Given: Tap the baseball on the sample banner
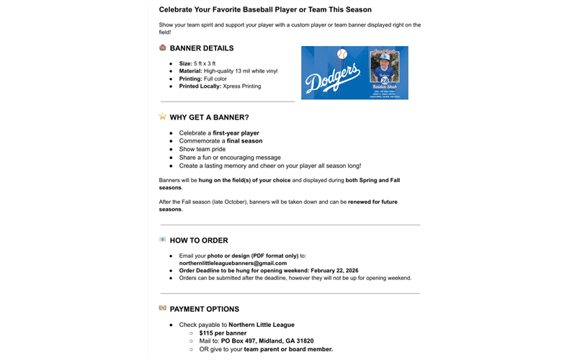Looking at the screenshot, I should point(342,54).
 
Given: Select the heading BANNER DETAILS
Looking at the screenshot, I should point(202,48).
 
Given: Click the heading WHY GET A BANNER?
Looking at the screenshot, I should point(209,117).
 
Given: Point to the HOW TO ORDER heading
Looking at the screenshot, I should point(199,240).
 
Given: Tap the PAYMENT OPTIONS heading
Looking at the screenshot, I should point(205,309).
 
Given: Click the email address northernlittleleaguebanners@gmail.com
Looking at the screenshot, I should point(233,263).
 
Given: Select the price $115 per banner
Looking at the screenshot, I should point(223,333).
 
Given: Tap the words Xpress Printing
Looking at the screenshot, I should point(242,86).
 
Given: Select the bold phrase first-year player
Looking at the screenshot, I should point(236,133).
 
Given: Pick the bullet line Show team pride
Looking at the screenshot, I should point(202,149).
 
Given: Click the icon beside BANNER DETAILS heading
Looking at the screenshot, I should point(163,48).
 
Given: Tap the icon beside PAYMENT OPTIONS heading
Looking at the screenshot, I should point(163,308).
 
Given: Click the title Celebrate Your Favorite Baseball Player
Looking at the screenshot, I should point(265,9).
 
